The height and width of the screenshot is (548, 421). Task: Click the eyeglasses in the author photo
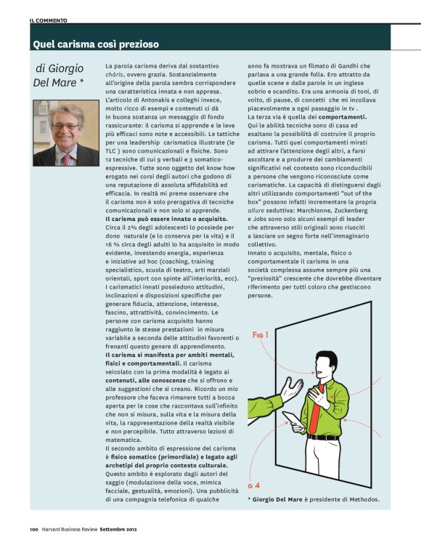pyautogui.click(x=66, y=126)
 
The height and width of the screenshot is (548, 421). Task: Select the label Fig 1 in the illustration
pyautogui.click(x=261, y=335)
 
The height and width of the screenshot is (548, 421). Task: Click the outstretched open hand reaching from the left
pyautogui.click(x=292, y=390)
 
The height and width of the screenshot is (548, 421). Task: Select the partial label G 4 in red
pyautogui.click(x=252, y=485)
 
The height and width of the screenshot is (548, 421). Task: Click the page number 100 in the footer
pyautogui.click(x=33, y=528)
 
